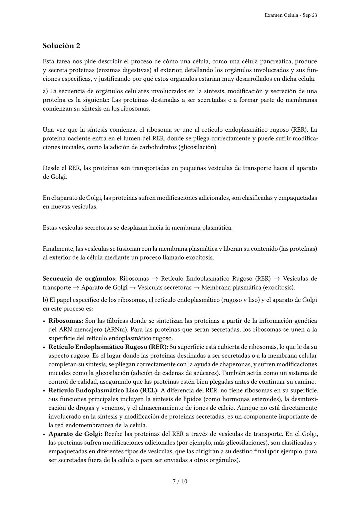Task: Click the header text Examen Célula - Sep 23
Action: click(290, 15)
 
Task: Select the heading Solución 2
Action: click(61, 46)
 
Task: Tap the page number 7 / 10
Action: click(180, 481)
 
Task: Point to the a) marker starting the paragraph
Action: click(45, 91)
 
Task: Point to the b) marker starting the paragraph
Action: click(46, 300)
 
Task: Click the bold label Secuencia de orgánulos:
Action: click(80, 279)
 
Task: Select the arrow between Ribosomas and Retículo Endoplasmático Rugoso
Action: click(155, 279)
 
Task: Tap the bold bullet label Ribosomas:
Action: click(66, 321)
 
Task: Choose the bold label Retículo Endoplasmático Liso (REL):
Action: click(103, 390)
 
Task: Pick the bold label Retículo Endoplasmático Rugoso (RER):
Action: click(108, 347)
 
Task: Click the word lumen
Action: click(117, 138)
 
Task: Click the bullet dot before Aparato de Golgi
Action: click(44, 434)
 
